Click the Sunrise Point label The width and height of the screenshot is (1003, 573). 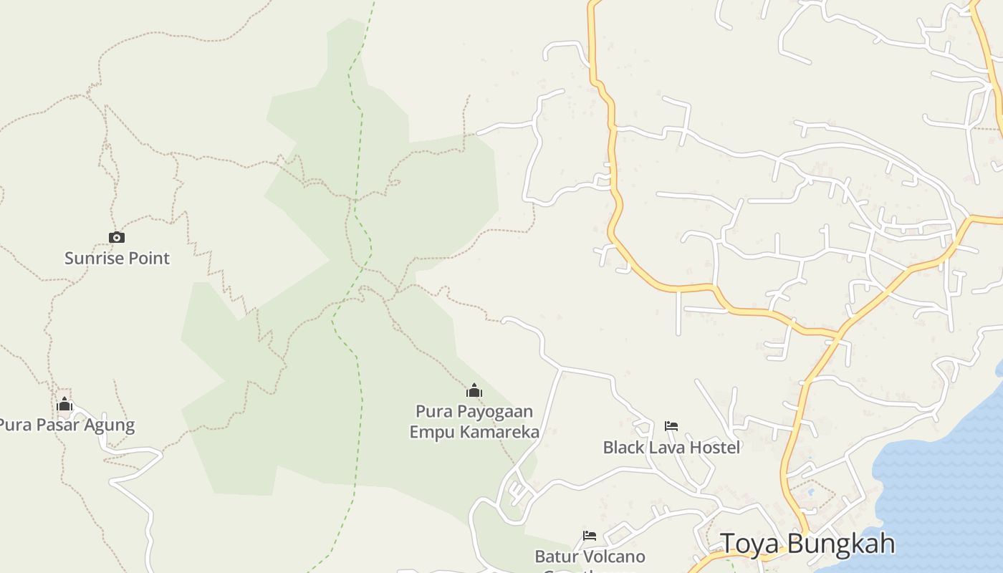pos(117,258)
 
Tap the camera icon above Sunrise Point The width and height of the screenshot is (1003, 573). pos(117,238)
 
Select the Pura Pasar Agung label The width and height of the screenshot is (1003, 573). pos(66,425)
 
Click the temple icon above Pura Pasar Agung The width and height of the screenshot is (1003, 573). pos(64,405)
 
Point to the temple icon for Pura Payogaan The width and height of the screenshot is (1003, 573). pos(474,390)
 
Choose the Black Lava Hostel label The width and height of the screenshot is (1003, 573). pos(671,448)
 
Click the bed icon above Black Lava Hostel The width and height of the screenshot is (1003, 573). pos(671,426)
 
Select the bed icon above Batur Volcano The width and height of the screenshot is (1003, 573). pos(590,536)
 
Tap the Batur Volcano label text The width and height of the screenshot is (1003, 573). pos(590,557)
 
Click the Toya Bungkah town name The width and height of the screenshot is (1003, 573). pos(807,544)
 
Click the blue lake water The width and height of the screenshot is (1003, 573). pos(946,487)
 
